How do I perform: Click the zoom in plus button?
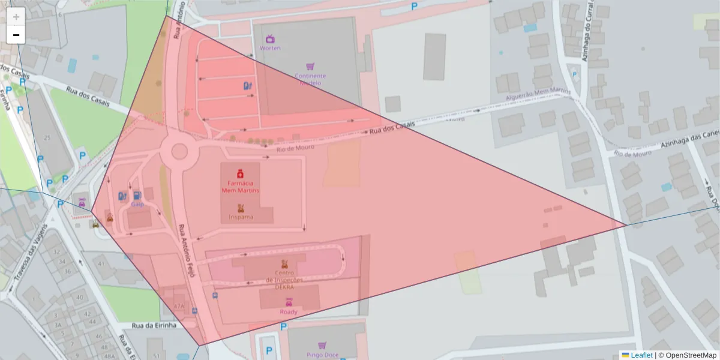tap(16, 17)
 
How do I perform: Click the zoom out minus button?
tap(16, 35)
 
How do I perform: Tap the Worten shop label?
tap(270, 48)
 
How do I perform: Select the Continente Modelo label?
tap(310, 79)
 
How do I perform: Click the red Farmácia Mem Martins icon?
tap(239, 173)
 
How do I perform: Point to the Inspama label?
tap(240, 217)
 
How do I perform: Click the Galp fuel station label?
tap(137, 204)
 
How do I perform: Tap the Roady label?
tap(289, 311)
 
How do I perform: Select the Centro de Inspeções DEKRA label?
tap(284, 280)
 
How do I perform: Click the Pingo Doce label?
tap(322, 355)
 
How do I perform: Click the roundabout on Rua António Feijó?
tap(179, 151)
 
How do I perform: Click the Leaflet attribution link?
tap(641, 355)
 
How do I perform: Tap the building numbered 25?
tap(47, 138)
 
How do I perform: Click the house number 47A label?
tap(179, 306)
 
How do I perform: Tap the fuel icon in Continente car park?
tap(247, 86)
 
